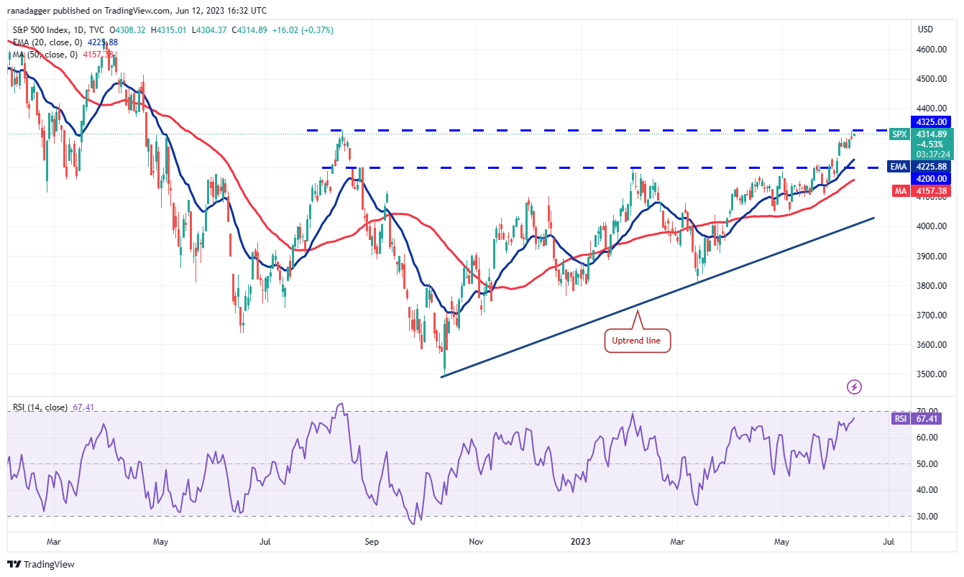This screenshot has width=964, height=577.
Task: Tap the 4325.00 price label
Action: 929,121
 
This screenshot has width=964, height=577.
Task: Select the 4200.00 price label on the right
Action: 929,178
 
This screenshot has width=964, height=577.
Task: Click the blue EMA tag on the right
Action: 898,166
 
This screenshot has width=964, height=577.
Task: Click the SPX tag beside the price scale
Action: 898,134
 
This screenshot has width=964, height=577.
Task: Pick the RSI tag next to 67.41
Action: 898,418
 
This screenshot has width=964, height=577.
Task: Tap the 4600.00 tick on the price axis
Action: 929,50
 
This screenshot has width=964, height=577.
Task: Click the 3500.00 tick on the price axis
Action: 929,374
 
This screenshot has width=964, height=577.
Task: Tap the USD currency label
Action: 925,29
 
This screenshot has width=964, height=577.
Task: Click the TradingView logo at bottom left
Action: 41,564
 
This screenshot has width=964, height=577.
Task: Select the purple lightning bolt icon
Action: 854,387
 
